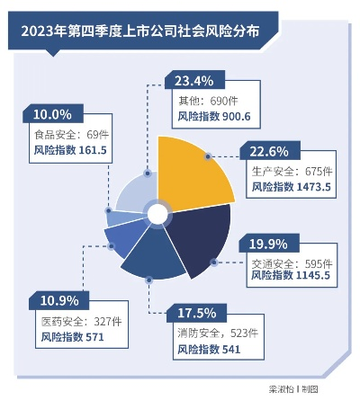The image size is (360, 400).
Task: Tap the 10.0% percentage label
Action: pos(51,114)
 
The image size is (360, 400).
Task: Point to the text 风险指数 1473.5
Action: pos(292,186)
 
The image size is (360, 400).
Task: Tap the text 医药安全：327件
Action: pos(75,319)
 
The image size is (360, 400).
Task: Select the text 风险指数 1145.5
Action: pos(292,279)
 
